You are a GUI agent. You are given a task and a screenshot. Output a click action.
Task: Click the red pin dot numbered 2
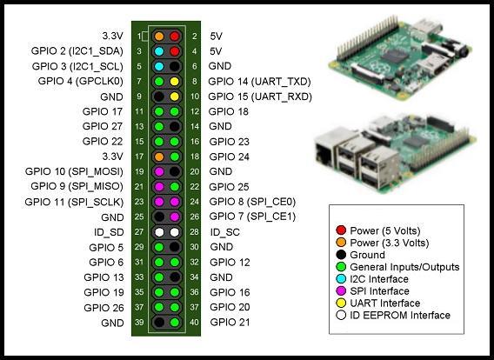click(x=175, y=37)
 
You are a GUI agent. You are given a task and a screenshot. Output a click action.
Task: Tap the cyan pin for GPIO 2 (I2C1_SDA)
click(x=159, y=51)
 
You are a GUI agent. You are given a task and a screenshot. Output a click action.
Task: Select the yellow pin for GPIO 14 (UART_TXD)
click(x=175, y=82)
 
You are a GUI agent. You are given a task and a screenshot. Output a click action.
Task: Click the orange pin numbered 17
click(x=159, y=157)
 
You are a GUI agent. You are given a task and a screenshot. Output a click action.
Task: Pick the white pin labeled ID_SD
click(x=159, y=232)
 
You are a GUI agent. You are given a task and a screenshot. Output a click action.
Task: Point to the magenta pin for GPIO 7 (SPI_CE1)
click(x=175, y=217)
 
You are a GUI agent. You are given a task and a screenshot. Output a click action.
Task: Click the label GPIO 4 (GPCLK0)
click(x=81, y=81)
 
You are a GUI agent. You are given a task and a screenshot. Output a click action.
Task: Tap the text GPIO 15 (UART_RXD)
click(x=260, y=97)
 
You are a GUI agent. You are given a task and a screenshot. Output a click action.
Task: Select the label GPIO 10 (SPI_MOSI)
click(x=74, y=171)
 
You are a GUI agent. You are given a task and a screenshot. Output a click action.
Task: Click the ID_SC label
click(x=225, y=232)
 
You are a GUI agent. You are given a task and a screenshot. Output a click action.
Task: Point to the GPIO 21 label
click(x=230, y=323)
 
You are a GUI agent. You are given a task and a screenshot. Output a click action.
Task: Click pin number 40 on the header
click(x=195, y=323)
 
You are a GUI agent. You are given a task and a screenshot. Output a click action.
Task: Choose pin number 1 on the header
click(x=139, y=37)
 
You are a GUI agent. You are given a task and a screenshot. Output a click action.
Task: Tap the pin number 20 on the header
click(x=195, y=171)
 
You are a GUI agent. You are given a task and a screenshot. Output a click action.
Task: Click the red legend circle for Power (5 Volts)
click(x=341, y=230)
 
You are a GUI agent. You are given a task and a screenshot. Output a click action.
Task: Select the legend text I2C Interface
click(x=379, y=279)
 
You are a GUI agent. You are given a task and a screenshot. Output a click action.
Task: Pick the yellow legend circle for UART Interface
click(x=341, y=303)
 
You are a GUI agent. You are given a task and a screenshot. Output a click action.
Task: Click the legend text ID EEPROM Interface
click(x=400, y=316)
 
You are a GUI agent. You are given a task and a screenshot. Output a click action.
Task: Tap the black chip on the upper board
click(x=395, y=57)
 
